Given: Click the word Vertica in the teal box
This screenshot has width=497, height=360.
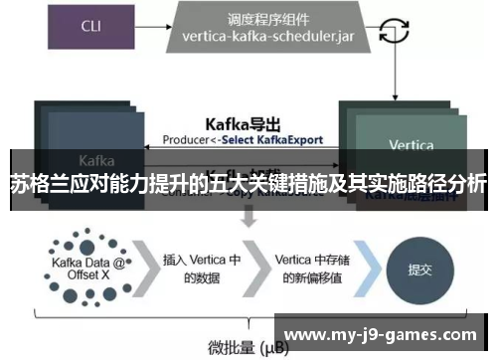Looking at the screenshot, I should click(x=411, y=145).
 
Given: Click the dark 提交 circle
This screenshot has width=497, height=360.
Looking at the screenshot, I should click(x=419, y=270).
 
